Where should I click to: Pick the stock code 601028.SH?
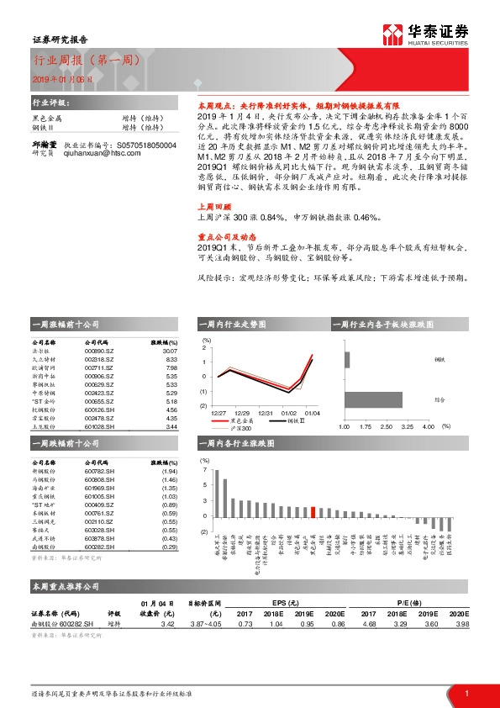point(99,427)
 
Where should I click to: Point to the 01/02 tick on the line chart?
point(289,412)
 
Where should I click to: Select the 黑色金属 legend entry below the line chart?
point(239,420)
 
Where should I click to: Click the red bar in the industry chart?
point(313,511)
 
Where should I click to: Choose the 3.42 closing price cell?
point(167,623)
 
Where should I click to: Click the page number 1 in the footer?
point(466,692)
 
